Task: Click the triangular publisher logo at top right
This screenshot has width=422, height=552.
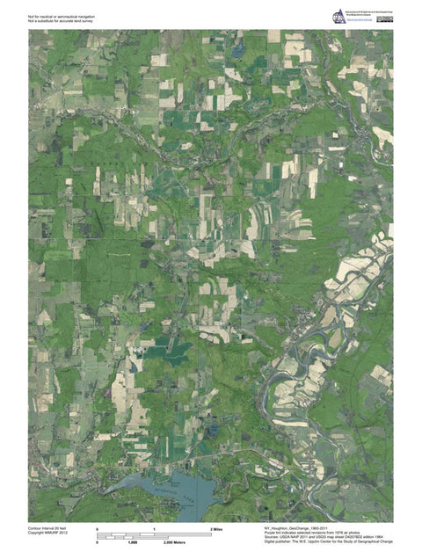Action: pyautogui.click(x=338, y=18)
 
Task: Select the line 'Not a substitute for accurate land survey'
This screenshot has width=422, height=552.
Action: pyautogui.click(x=60, y=21)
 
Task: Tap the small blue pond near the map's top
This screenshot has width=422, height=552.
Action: pyautogui.click(x=238, y=50)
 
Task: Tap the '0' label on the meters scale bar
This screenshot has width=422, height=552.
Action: pyautogui.click(x=98, y=543)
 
